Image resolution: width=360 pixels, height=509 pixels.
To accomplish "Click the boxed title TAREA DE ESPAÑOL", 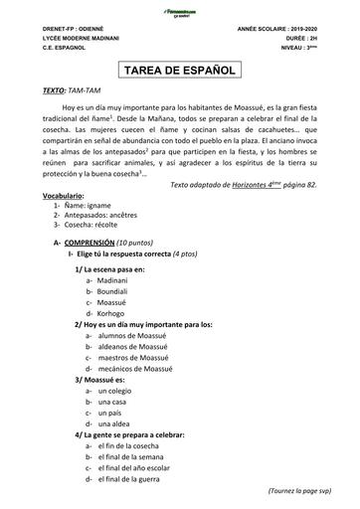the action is pyautogui.click(x=179, y=71).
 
